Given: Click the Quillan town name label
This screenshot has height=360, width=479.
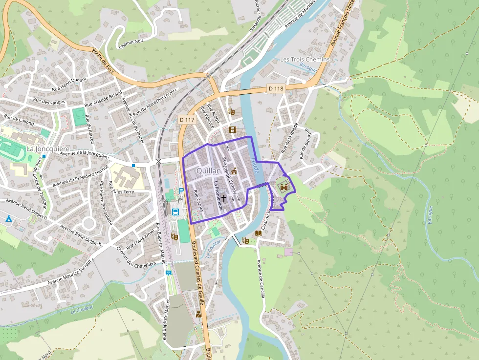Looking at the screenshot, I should pyautogui.click(x=208, y=171).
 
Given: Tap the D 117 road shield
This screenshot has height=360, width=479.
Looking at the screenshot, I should pyautogui.click(x=187, y=119).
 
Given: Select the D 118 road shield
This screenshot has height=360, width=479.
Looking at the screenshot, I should pyautogui.click(x=276, y=88).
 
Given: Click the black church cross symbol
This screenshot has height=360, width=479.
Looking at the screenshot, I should pyautogui.click(x=224, y=198).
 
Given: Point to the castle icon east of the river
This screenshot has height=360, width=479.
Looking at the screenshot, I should pyautogui.click(x=283, y=185).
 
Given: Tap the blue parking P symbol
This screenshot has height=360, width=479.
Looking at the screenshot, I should pyautogui.click(x=181, y=191).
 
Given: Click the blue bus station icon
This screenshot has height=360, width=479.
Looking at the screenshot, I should pyautogui.click(x=175, y=212).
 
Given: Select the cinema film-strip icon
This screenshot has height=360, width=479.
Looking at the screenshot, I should pyautogui.click(x=232, y=129).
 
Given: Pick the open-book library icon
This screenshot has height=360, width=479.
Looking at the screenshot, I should pyautogui.click(x=259, y=233).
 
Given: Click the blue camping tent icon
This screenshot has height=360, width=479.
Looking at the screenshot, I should pyautogui.click(x=8, y=218).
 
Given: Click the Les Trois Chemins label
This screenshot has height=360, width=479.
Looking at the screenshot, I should pyautogui.click(x=305, y=59).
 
